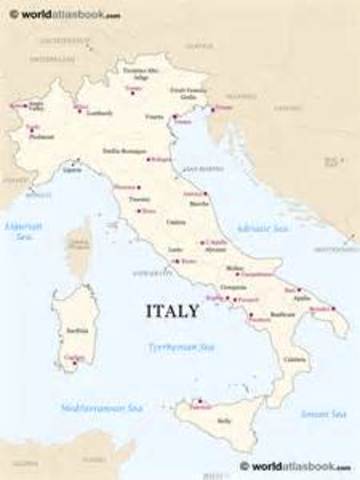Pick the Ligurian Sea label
click(x=21, y=231)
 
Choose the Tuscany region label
click(x=139, y=199)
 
